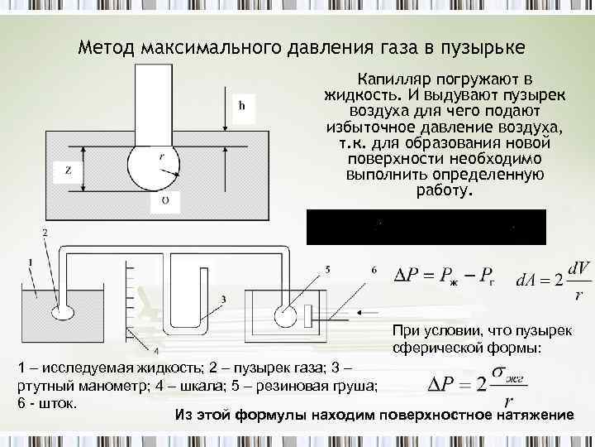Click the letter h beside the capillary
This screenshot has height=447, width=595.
point(242,106)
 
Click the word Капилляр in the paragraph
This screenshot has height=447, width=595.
point(391,79)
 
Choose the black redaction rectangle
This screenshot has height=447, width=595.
point(426,226)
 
